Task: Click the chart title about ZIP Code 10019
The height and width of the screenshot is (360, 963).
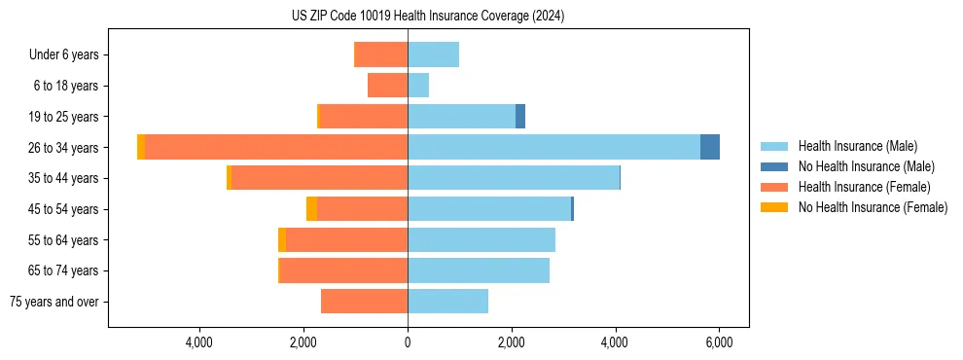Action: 427,17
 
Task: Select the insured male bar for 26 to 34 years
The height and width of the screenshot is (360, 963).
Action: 553,147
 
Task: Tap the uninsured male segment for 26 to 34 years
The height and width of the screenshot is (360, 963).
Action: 710,147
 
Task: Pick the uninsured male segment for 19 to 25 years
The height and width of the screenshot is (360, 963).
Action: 520,116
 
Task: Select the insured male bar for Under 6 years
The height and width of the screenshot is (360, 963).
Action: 433,54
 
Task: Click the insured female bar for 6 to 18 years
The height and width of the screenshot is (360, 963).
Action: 387,86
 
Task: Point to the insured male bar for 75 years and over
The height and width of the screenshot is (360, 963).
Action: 447,302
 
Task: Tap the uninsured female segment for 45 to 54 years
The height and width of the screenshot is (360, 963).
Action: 311,209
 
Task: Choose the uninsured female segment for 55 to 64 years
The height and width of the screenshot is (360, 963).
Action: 282,239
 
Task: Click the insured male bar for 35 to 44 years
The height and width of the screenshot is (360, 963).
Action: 514,178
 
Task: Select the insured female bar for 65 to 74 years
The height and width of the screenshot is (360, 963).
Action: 343,270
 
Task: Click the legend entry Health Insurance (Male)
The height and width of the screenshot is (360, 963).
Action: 857,146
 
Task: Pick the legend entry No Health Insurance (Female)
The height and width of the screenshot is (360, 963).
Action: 873,207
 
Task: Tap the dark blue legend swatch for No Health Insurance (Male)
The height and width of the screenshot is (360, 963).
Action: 775,166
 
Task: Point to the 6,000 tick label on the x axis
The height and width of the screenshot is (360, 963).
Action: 719,342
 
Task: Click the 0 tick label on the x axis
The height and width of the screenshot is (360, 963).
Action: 408,342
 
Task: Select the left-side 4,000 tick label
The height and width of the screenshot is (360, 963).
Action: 199,342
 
